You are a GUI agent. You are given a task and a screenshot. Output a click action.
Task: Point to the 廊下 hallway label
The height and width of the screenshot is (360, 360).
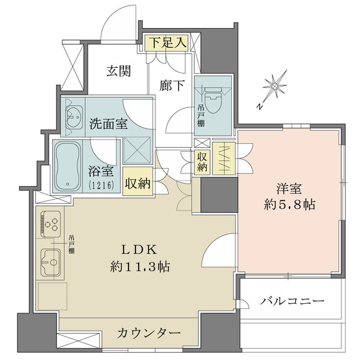(x=172, y=86)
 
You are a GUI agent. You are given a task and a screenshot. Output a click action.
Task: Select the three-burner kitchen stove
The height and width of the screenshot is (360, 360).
(x=52, y=226)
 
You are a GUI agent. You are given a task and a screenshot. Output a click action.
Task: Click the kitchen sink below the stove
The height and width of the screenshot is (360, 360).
(x=53, y=262)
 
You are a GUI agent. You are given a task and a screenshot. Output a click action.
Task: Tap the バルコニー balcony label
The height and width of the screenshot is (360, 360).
(x=292, y=301)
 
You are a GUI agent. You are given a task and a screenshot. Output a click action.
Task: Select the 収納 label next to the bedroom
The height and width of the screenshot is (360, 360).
(x=203, y=162)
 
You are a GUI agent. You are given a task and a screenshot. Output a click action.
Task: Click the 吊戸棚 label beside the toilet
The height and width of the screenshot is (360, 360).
(x=200, y=116)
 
